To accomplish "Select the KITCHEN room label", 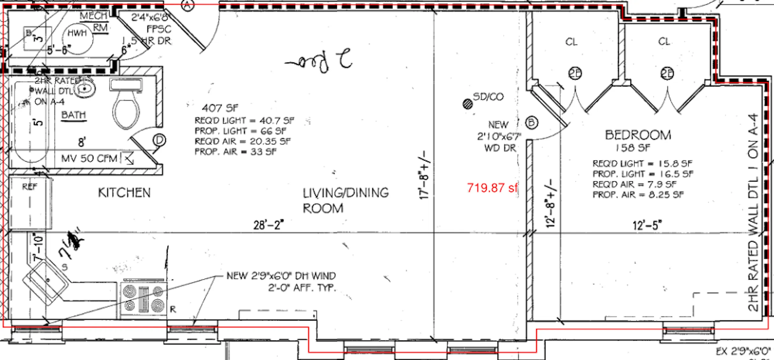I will [x=124, y=193].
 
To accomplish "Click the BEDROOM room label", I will [x=638, y=135].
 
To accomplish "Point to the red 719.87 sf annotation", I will [x=492, y=188].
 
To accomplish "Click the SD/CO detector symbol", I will [x=468, y=104].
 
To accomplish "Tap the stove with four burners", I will [x=143, y=299].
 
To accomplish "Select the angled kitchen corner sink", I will [x=45, y=282].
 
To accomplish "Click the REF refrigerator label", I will [x=30, y=186].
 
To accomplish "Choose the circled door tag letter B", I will [x=531, y=123].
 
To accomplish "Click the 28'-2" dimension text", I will [x=268, y=225].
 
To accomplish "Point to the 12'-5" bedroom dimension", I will [x=647, y=225].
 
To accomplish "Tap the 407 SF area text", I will [x=220, y=108].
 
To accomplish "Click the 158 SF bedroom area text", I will [x=633, y=148].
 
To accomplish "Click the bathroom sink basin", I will [x=84, y=88].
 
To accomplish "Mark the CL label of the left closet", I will [x=571, y=42].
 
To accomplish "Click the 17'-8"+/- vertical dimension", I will [x=425, y=175].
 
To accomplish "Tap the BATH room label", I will [x=74, y=115].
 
